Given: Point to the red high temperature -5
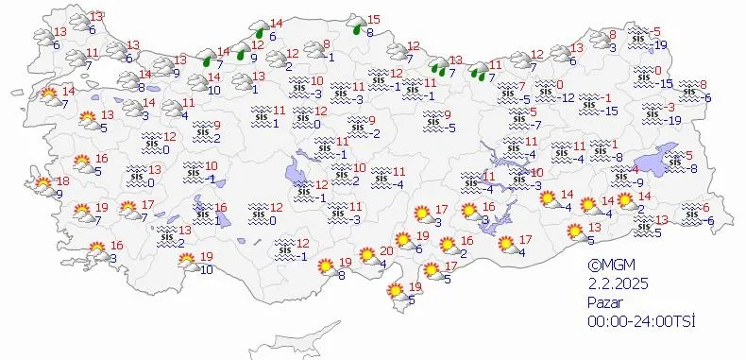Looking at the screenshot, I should pyautogui.click(x=655, y=32).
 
